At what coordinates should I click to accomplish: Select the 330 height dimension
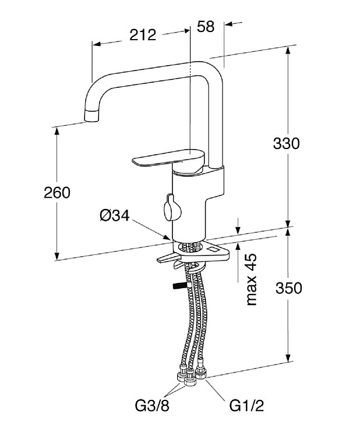click(x=287, y=143)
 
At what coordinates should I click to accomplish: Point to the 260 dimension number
click(x=57, y=192)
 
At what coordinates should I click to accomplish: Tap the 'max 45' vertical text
click(x=251, y=279)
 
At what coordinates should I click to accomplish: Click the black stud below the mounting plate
click(x=177, y=286)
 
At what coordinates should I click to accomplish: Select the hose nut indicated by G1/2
click(x=202, y=371)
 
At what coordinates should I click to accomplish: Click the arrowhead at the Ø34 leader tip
click(x=168, y=239)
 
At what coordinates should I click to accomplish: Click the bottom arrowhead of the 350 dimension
click(x=288, y=359)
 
